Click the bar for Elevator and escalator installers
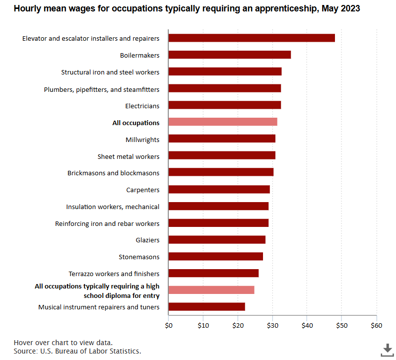click(252, 38)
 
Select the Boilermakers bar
click(230, 55)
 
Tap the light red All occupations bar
click(223, 122)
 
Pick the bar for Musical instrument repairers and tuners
click(206, 307)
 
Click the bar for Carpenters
click(219, 189)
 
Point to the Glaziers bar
click(217, 240)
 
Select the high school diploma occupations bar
click(211, 290)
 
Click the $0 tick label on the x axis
click(169, 326)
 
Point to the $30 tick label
click(272, 326)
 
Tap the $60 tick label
click(377, 326)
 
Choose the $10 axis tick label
click(203, 326)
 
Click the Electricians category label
click(142, 106)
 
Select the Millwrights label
click(142, 140)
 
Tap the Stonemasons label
click(139, 257)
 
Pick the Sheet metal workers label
click(129, 156)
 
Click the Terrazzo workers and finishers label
click(114, 274)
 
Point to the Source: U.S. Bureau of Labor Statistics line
click(77, 351)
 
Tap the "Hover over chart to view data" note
click(63, 342)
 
